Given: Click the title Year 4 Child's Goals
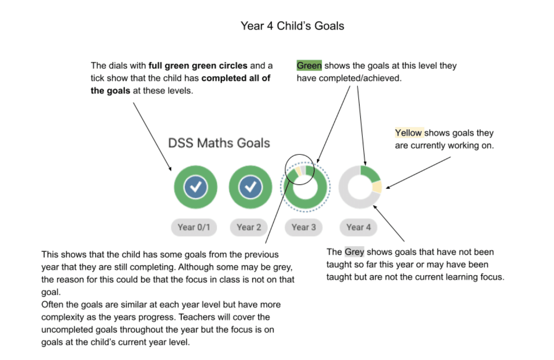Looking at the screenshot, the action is click(292, 26).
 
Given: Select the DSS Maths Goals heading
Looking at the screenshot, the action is click(219, 143).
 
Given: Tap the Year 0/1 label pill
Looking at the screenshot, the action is click(194, 227).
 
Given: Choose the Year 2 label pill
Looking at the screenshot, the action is click(249, 227).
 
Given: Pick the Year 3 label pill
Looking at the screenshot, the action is click(304, 227).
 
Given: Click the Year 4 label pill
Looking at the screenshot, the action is click(358, 227).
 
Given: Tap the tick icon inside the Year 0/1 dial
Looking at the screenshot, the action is click(196, 187).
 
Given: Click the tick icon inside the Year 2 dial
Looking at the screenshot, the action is click(251, 187).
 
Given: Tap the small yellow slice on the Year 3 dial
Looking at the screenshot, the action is click(298, 171).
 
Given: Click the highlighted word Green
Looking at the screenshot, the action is click(309, 66).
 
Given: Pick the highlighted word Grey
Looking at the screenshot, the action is click(354, 252).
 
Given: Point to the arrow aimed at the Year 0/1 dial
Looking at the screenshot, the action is click(152, 137).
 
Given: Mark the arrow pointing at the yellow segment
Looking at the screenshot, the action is click(418, 173).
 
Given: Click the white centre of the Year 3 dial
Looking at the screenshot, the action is click(305, 187).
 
